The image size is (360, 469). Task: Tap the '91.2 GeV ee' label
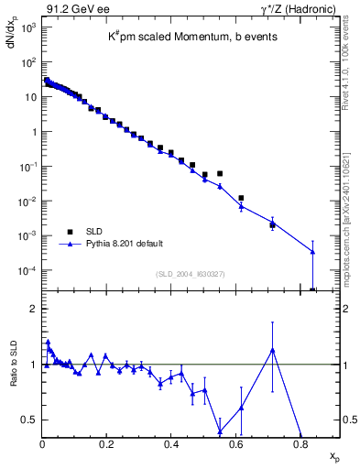pyautogui.click(x=70, y=8)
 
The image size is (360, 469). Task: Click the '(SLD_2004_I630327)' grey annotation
pyautogui.click(x=191, y=274)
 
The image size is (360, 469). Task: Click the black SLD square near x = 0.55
pyautogui.click(x=220, y=173)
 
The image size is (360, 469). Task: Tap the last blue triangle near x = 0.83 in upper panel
pyautogui.click(x=312, y=252)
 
